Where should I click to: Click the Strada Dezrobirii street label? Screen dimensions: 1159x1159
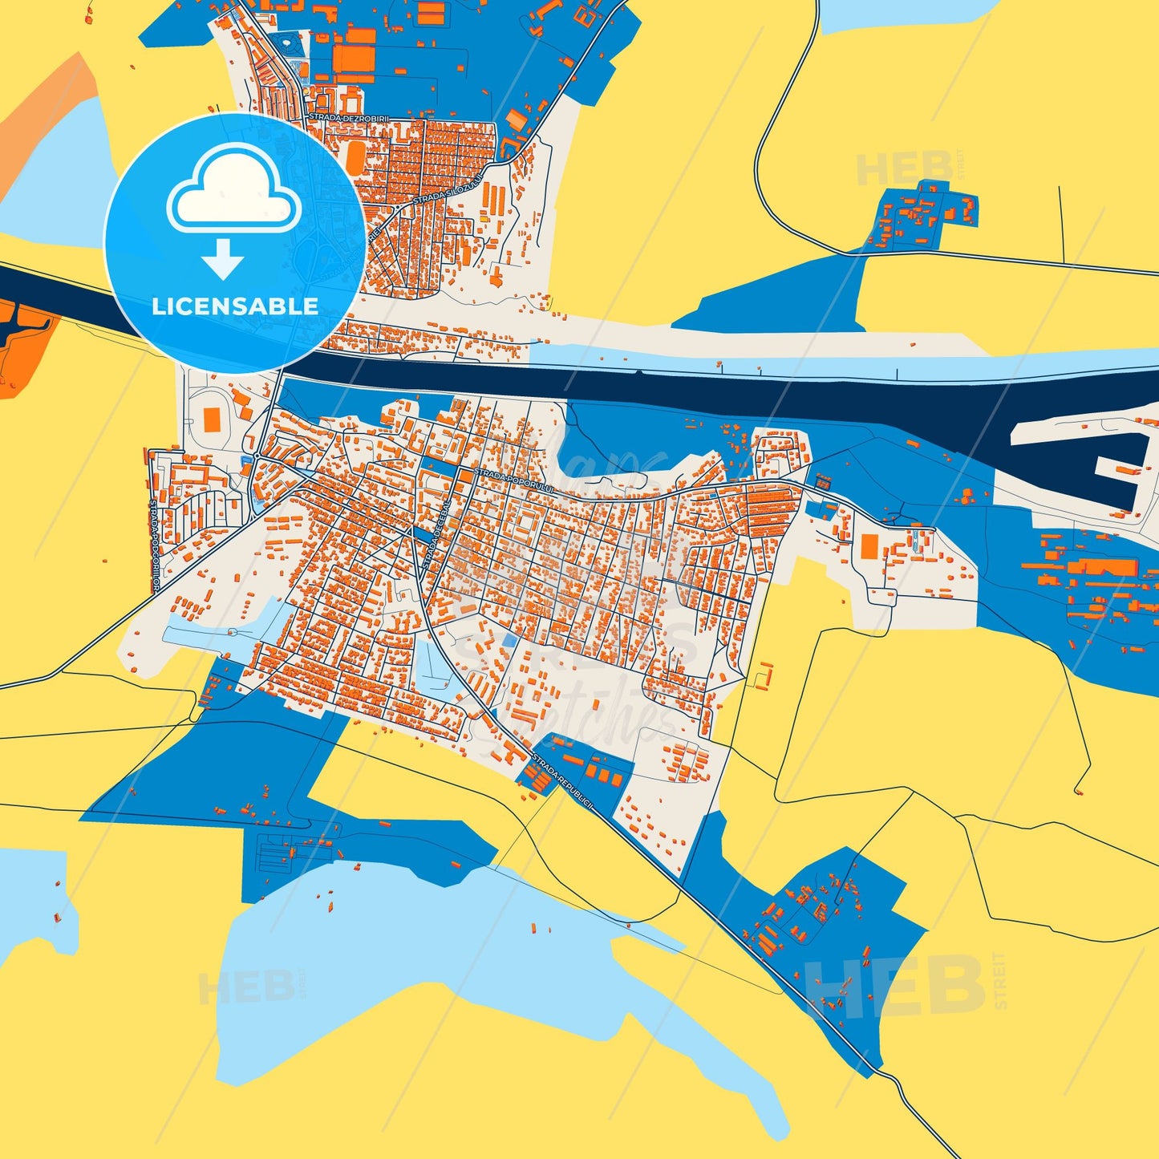coord(348,117)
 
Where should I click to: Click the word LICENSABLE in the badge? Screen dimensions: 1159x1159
coord(234,306)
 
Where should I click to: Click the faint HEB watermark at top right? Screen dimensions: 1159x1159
coord(905,169)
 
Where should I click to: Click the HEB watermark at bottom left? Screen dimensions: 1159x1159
coord(245,987)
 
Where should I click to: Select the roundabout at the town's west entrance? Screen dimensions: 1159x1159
coord(256,456)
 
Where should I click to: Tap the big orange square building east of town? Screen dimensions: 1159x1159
coord(869,546)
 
